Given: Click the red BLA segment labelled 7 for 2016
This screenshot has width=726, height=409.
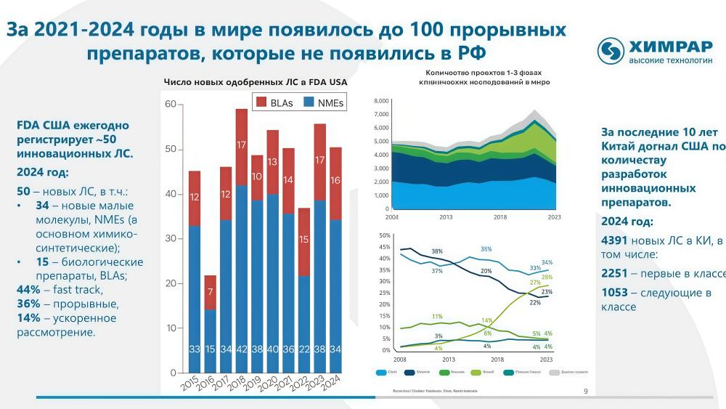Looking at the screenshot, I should [x=209, y=292].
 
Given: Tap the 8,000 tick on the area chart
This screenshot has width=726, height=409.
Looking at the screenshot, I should [x=381, y=101].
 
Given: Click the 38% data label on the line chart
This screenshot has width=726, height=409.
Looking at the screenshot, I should [x=437, y=251].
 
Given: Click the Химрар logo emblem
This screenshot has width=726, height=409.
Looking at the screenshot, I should [x=611, y=50].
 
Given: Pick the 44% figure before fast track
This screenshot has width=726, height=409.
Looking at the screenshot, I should [x=28, y=290].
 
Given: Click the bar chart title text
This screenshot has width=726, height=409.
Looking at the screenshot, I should [x=255, y=82].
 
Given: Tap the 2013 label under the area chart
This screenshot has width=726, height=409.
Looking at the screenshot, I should [x=445, y=217].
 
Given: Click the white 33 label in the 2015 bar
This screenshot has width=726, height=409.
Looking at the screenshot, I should [x=195, y=349].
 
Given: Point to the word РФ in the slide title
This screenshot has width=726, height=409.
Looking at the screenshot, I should [x=467, y=53].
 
